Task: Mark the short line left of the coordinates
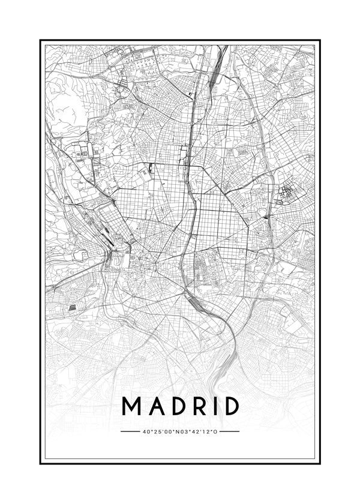(130, 431)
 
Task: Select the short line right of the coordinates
(229, 431)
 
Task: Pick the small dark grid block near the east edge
(287, 193)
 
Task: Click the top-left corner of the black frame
(41, 41)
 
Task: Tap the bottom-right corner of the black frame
(320, 463)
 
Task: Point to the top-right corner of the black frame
(320, 41)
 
